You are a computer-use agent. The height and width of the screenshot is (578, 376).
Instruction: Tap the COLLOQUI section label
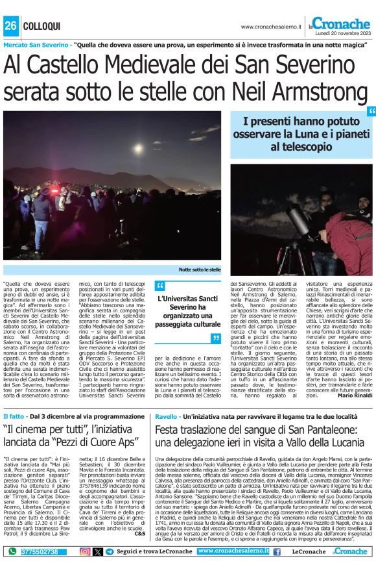tap(41, 25)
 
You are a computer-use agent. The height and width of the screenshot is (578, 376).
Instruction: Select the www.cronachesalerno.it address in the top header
tap(272, 27)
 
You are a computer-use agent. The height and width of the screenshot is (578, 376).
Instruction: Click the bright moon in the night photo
tap(138, 148)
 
